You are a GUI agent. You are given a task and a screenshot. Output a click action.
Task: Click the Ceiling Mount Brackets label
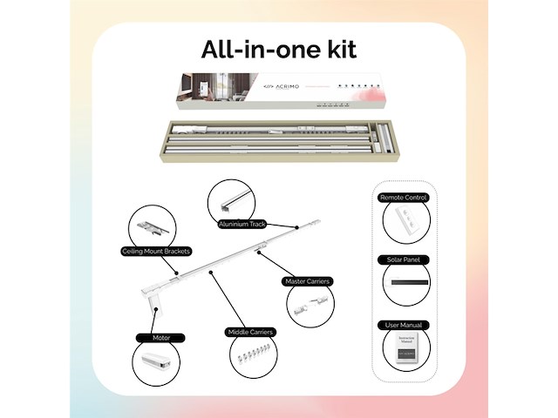(156, 252)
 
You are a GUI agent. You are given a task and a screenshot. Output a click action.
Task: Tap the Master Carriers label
(306, 281)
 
